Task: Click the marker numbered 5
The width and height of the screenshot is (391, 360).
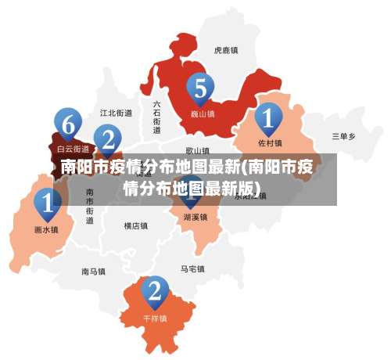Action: coord(201,89)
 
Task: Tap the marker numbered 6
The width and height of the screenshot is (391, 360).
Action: coord(68,124)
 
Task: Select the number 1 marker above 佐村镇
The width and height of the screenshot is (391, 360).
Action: coord(268,120)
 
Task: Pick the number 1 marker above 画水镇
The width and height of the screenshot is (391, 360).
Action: coord(47,205)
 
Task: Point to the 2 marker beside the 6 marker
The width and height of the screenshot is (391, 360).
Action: coord(108,141)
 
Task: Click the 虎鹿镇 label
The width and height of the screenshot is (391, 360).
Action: coord(225,50)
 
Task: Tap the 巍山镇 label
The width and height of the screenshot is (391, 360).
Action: coord(203,113)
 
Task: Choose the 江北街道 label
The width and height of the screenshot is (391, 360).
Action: coord(117,113)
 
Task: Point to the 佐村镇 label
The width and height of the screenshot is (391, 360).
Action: coord(270,143)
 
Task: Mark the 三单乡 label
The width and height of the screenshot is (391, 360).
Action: coord(343,136)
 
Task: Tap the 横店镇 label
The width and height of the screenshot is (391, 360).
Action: coord(135,226)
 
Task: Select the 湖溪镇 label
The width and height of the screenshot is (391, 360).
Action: coord(195,217)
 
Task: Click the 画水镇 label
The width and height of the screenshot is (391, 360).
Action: coord(47,230)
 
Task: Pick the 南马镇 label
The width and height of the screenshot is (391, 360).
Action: coord(93,272)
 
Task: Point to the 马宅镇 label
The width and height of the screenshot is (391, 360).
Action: coord(192,268)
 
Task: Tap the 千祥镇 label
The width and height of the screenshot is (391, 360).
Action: coord(155,319)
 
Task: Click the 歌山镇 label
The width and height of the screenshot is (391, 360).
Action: coord(198,150)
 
